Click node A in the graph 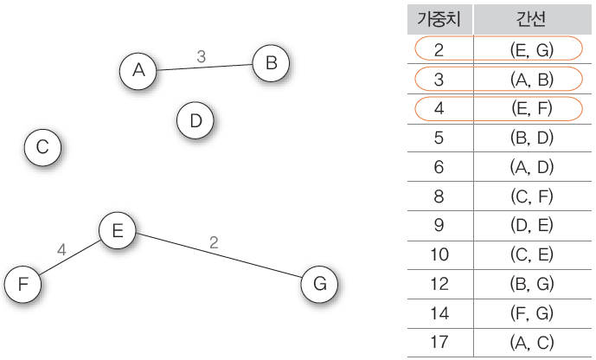(x=138, y=71)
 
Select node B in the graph (x=271, y=63)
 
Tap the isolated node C (x=42, y=147)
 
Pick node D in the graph (x=195, y=120)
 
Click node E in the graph (x=118, y=230)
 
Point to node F (x=22, y=284)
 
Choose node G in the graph (x=319, y=284)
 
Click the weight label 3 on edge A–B (x=202, y=56)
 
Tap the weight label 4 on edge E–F (x=61, y=250)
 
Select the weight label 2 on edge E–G (x=214, y=242)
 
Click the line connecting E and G (x=219, y=255)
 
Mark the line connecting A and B (x=204, y=67)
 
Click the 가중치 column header (x=439, y=19)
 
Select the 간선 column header (x=531, y=19)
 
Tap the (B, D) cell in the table (x=532, y=138)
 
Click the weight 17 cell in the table (x=439, y=342)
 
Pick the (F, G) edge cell (x=532, y=313)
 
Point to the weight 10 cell (x=439, y=254)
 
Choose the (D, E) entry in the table (x=532, y=225)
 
